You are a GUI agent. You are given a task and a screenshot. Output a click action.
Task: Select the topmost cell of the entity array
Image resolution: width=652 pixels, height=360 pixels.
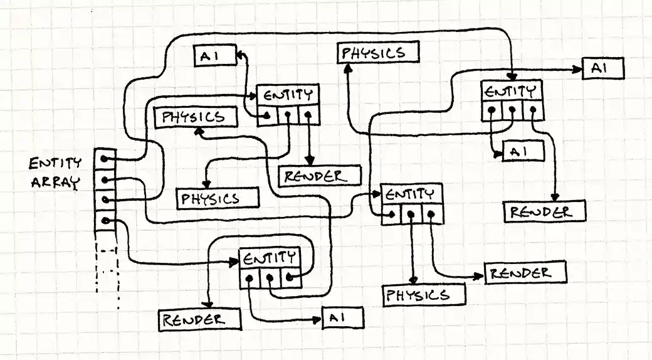pyautogui.click(x=105, y=159)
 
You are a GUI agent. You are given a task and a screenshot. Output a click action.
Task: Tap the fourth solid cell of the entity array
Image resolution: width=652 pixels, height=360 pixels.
pyautogui.click(x=105, y=221)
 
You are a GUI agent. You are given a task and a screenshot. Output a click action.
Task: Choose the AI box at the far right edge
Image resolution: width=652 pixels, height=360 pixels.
pyautogui.click(x=603, y=68)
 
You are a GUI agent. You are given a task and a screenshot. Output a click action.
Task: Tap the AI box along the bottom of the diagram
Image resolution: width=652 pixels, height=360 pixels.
pyautogui.click(x=342, y=319)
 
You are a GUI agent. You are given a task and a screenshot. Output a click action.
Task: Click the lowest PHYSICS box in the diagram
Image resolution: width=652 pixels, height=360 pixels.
pyautogui.click(x=425, y=294)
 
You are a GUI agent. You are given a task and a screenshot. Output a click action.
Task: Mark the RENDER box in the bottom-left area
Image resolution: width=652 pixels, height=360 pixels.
pyautogui.click(x=199, y=320)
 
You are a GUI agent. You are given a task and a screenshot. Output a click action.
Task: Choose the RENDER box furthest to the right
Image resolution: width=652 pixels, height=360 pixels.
pyautogui.click(x=545, y=211)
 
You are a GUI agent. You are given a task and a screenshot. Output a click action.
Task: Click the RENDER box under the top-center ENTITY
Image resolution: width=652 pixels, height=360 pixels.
pyautogui.click(x=320, y=176)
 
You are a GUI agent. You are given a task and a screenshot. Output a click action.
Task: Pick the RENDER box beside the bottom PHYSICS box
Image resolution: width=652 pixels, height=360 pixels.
pyautogui.click(x=525, y=273)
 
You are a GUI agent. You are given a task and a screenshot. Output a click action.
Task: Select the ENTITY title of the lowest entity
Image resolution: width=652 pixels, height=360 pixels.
pyautogui.click(x=270, y=258)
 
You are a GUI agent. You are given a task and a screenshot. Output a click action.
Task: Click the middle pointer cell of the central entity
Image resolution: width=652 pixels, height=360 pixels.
pyautogui.click(x=411, y=214)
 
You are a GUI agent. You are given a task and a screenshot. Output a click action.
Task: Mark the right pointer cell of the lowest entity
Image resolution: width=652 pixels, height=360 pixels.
pyautogui.click(x=290, y=278)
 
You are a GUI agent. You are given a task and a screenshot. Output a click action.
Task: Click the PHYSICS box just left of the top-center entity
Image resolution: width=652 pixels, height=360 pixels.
pyautogui.click(x=196, y=117)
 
